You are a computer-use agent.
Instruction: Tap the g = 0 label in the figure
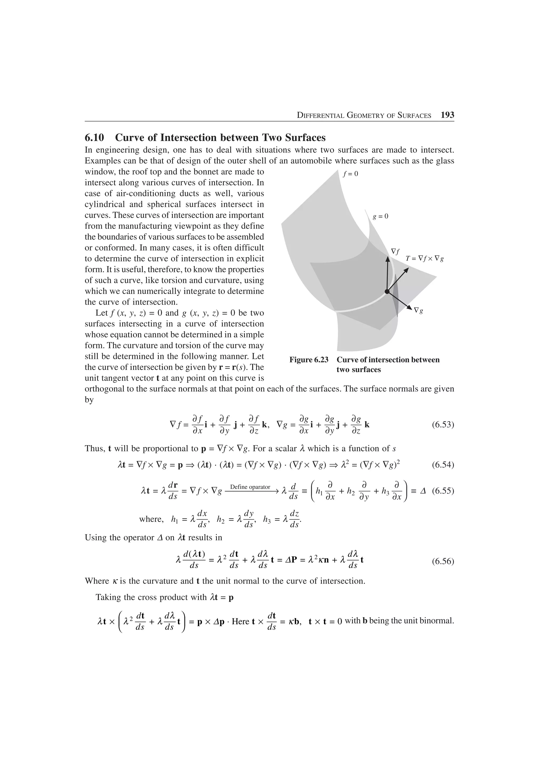coord(380,216)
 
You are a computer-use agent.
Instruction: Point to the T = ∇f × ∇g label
coord(425,258)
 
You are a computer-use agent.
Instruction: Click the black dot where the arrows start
coord(387,291)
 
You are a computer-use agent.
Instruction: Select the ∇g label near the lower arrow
coord(418,311)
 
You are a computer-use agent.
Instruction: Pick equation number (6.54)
coord(443,465)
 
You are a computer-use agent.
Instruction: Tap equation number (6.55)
coord(443,491)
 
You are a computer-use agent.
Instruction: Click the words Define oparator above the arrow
coord(250,487)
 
